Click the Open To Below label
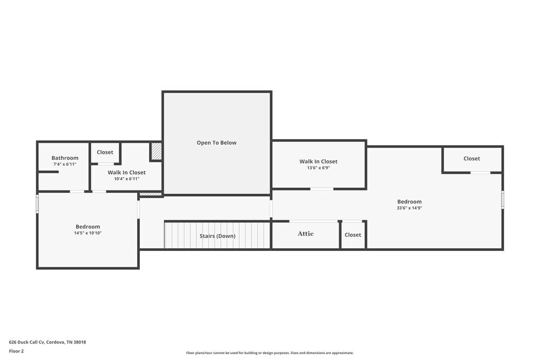tap(217, 143)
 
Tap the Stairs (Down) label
tap(218, 236)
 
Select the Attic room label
tap(306, 234)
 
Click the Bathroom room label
tap(65, 158)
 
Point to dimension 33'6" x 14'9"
tap(409, 208)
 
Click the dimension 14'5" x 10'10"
tap(88, 233)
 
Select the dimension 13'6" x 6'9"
tap(319, 168)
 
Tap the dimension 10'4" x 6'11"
tap(126, 179)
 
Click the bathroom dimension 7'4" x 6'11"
tap(65, 164)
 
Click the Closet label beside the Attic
tap(353, 235)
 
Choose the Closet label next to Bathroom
tap(105, 152)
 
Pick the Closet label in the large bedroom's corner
tap(471, 159)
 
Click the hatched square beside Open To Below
tap(156, 151)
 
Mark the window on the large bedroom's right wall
tap(502, 200)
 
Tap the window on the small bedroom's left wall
tap(37, 204)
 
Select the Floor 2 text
tap(16, 351)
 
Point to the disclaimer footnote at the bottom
tap(270, 353)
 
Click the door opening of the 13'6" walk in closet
tap(322, 189)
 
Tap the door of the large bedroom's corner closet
tap(480, 173)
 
